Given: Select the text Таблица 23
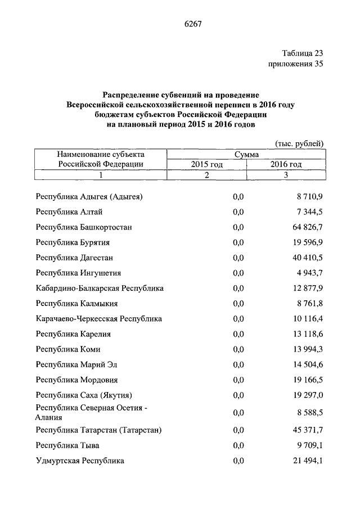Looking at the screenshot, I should click(x=303, y=53).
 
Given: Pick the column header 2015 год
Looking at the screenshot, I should click(x=206, y=164).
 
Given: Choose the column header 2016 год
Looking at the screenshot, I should click(x=286, y=164).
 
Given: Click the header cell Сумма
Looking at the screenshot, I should click(x=246, y=154).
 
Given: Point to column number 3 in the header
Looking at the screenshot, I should click(x=286, y=175).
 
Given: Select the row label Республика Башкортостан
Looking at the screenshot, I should click(x=84, y=227).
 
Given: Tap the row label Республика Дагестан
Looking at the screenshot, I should click(x=74, y=258).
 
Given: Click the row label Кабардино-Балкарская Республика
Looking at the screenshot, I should click(x=100, y=288).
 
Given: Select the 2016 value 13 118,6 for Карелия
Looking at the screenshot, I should click(x=306, y=334).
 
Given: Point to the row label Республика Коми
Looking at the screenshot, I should click(x=68, y=349).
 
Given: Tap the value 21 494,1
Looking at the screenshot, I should click(x=306, y=461).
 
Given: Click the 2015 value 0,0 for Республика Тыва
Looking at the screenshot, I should click(x=238, y=445).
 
